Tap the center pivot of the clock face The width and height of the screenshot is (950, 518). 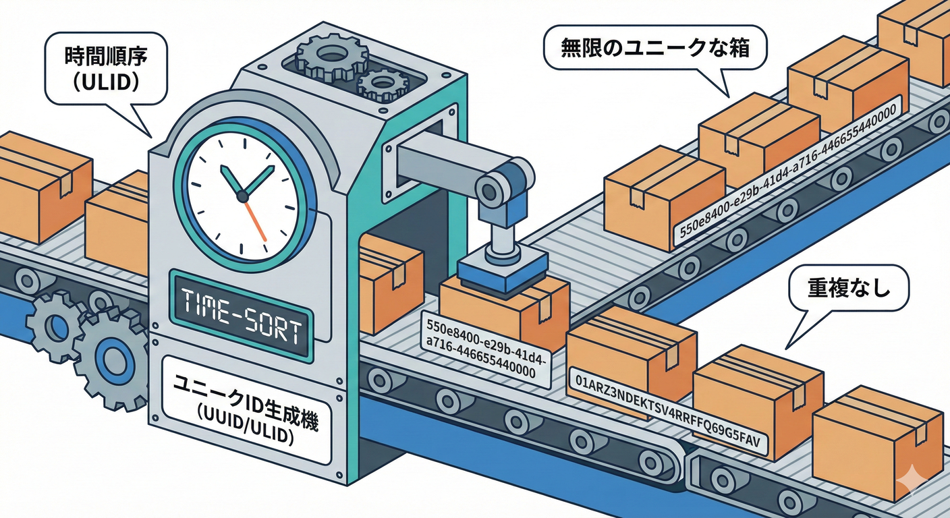click(242, 195)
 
